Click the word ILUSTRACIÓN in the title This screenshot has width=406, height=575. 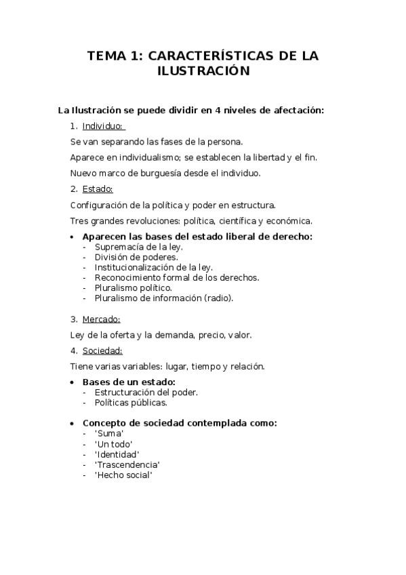(203, 71)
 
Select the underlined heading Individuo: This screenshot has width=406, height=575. (103, 126)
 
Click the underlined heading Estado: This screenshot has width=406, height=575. (98, 189)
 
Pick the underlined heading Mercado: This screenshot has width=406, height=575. (101, 319)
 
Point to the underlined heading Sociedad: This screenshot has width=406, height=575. (102, 351)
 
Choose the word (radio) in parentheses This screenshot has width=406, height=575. (218, 298)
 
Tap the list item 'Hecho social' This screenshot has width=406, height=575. (123, 475)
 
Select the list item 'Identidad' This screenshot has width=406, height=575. (117, 454)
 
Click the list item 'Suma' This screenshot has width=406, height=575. (109, 434)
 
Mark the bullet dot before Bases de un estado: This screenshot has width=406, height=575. (73, 382)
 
